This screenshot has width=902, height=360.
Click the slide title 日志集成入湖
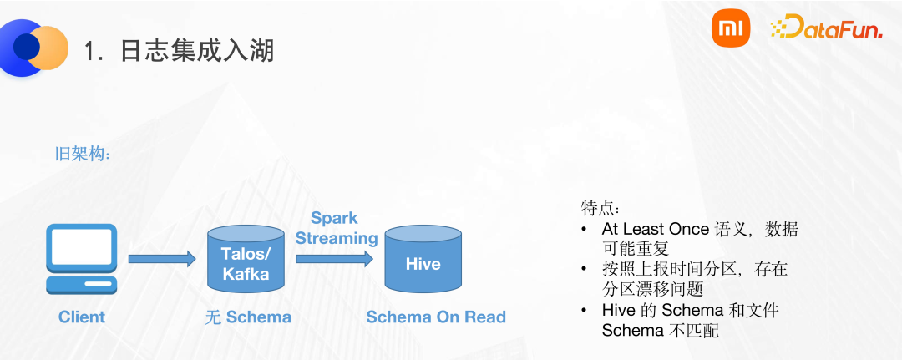pyautogui.click(x=179, y=51)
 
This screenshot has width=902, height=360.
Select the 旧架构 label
pyautogui.click(x=82, y=155)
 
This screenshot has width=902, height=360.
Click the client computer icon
pyautogui.click(x=81, y=259)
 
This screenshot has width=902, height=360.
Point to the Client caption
pyautogui.click(x=82, y=317)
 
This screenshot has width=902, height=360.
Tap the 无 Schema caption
pyautogui.click(x=248, y=317)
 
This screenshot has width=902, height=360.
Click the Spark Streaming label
pyautogui.click(x=336, y=228)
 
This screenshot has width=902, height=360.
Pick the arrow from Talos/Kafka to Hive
pyautogui.click(x=334, y=258)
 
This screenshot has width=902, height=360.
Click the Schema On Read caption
pyautogui.click(x=436, y=317)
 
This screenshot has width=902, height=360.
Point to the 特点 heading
pyautogui.click(x=600, y=207)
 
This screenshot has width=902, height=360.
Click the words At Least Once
pyautogui.click(x=656, y=228)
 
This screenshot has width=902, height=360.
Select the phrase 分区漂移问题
pyautogui.click(x=652, y=289)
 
